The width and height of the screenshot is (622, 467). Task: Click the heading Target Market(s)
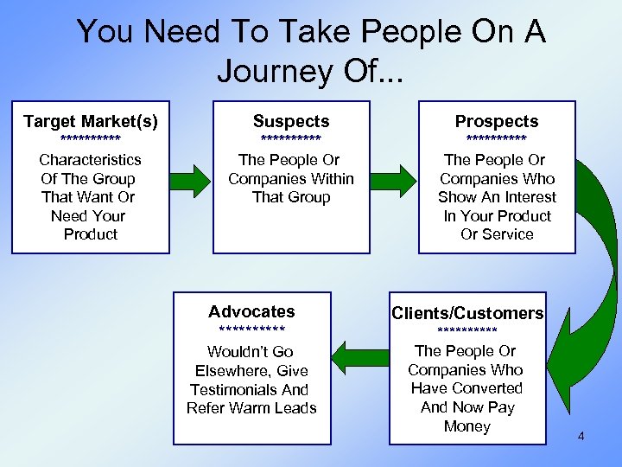point(91,121)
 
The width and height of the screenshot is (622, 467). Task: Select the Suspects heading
point(291,121)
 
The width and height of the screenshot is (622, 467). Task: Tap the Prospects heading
point(497,121)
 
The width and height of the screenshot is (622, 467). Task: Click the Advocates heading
point(251,311)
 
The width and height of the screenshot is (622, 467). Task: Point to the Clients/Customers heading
point(467,313)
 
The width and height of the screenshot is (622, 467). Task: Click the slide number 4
point(581,437)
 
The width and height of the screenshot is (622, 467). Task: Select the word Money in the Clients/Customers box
point(466,426)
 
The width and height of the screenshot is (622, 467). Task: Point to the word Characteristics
point(91,160)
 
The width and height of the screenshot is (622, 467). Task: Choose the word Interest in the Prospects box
point(521,197)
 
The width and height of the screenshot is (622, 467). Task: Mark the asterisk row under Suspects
point(291,139)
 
